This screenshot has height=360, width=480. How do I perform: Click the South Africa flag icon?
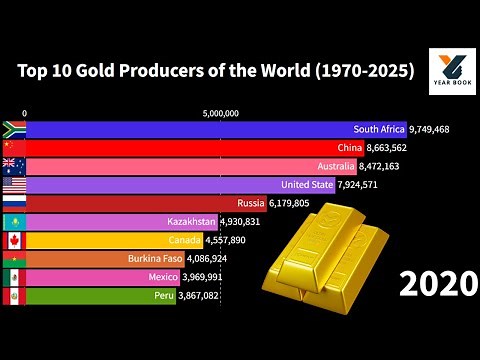(13, 129)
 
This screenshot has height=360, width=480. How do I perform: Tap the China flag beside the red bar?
(13, 148)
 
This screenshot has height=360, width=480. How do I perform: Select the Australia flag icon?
(13, 166)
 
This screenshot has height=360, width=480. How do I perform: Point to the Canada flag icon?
(13, 240)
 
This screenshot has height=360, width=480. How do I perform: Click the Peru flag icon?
(13, 296)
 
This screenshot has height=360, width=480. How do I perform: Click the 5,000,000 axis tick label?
(220, 114)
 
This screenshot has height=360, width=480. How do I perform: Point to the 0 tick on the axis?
(25, 114)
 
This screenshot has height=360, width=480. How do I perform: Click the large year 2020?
(436, 285)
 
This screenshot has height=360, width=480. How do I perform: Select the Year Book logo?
(451, 72)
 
